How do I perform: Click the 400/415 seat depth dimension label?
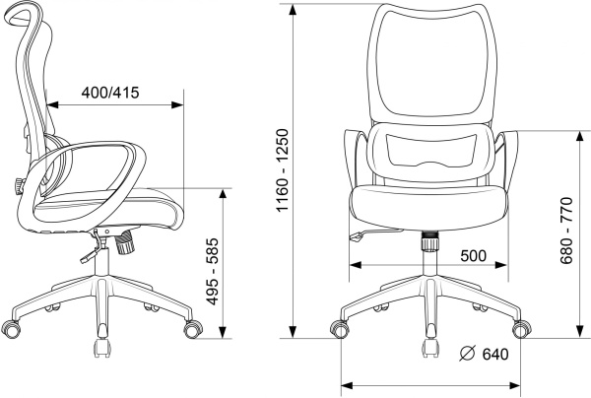(110, 93)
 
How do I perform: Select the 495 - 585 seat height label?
(213, 271)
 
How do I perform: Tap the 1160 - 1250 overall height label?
(283, 170)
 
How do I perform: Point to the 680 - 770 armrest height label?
(566, 230)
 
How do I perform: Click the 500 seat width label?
(474, 256)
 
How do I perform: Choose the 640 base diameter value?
(495, 354)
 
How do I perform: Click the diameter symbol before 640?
(467, 353)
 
